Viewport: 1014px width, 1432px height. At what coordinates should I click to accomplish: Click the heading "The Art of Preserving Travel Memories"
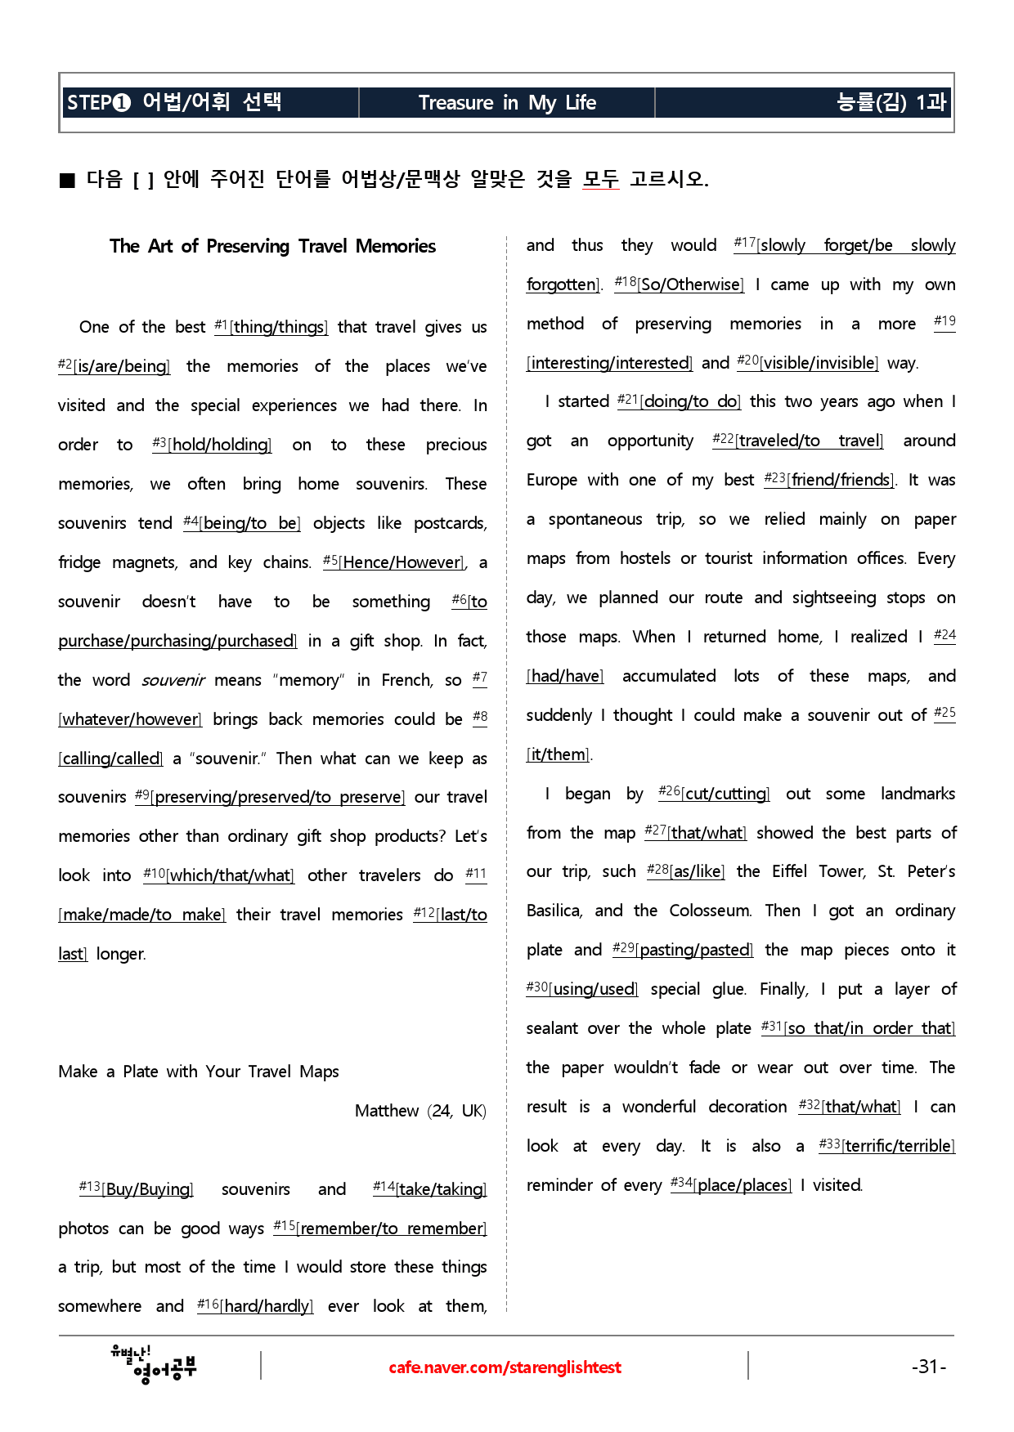click(x=272, y=246)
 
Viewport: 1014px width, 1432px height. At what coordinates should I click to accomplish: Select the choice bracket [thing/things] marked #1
click(x=279, y=328)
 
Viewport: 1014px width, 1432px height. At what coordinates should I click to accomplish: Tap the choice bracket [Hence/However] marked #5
click(x=402, y=563)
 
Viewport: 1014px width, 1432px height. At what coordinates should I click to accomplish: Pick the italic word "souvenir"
click(x=173, y=681)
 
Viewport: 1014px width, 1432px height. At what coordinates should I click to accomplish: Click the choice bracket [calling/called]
click(x=111, y=759)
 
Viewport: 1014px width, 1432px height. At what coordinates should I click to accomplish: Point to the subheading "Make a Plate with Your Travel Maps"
click(x=199, y=1072)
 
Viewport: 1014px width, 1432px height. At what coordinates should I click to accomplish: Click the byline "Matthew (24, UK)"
click(x=420, y=1111)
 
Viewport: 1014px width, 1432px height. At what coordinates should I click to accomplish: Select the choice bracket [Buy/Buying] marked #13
click(x=147, y=1190)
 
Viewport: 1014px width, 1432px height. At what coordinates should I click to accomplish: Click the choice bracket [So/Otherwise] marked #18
click(x=691, y=285)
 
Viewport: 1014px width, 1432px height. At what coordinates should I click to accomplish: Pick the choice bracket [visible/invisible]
click(x=819, y=364)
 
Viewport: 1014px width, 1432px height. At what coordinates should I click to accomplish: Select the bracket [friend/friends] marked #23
click(x=841, y=481)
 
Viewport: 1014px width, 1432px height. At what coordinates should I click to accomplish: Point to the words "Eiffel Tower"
click(x=819, y=872)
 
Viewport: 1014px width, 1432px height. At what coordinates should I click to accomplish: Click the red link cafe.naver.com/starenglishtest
click(x=505, y=1367)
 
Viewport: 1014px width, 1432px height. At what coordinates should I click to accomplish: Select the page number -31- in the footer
click(x=929, y=1367)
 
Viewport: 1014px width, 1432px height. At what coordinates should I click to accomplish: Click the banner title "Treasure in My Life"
click(x=507, y=103)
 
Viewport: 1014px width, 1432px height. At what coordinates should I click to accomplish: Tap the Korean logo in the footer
click(x=154, y=1364)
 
